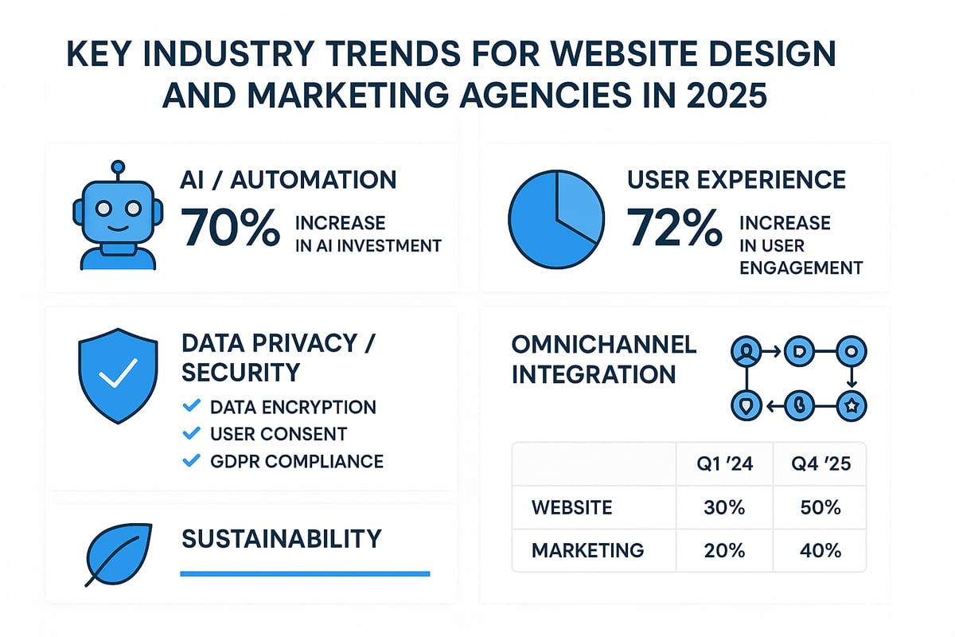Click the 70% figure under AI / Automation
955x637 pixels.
click(x=231, y=228)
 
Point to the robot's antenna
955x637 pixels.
click(x=118, y=168)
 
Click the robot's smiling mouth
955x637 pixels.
click(x=118, y=225)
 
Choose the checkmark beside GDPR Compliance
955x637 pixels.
click(x=191, y=460)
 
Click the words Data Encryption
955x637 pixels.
click(x=293, y=407)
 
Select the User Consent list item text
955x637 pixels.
click(x=279, y=434)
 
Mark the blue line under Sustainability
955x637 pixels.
click(x=305, y=573)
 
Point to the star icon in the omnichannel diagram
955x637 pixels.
click(x=851, y=406)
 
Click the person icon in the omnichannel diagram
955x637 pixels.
click(x=746, y=350)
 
